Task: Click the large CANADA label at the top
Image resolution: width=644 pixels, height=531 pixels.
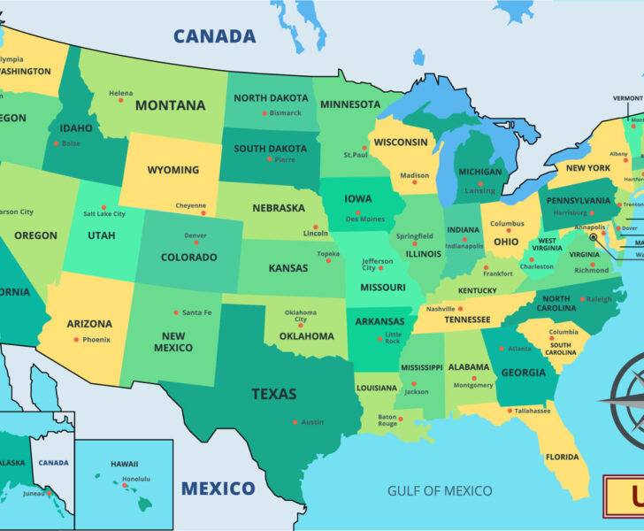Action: pos(214,36)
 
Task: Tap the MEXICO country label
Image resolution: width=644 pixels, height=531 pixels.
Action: pos(218,488)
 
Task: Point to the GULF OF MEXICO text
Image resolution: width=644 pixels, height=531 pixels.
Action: pos(440,490)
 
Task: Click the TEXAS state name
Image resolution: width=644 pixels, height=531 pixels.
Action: pos(273,394)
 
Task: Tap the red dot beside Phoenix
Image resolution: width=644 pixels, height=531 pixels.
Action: pos(76,340)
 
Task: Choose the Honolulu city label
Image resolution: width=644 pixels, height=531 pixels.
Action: pos(135,479)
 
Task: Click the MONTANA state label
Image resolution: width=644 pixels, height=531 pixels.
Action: pos(170,105)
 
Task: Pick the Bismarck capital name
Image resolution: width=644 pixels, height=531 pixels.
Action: pos(285,113)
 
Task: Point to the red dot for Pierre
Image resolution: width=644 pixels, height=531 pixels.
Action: pos(270,159)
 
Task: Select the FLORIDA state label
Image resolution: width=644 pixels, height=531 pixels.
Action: pos(562,458)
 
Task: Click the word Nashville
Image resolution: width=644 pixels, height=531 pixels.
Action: pos(440,309)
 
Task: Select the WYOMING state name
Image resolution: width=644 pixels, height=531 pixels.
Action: pos(172,170)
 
